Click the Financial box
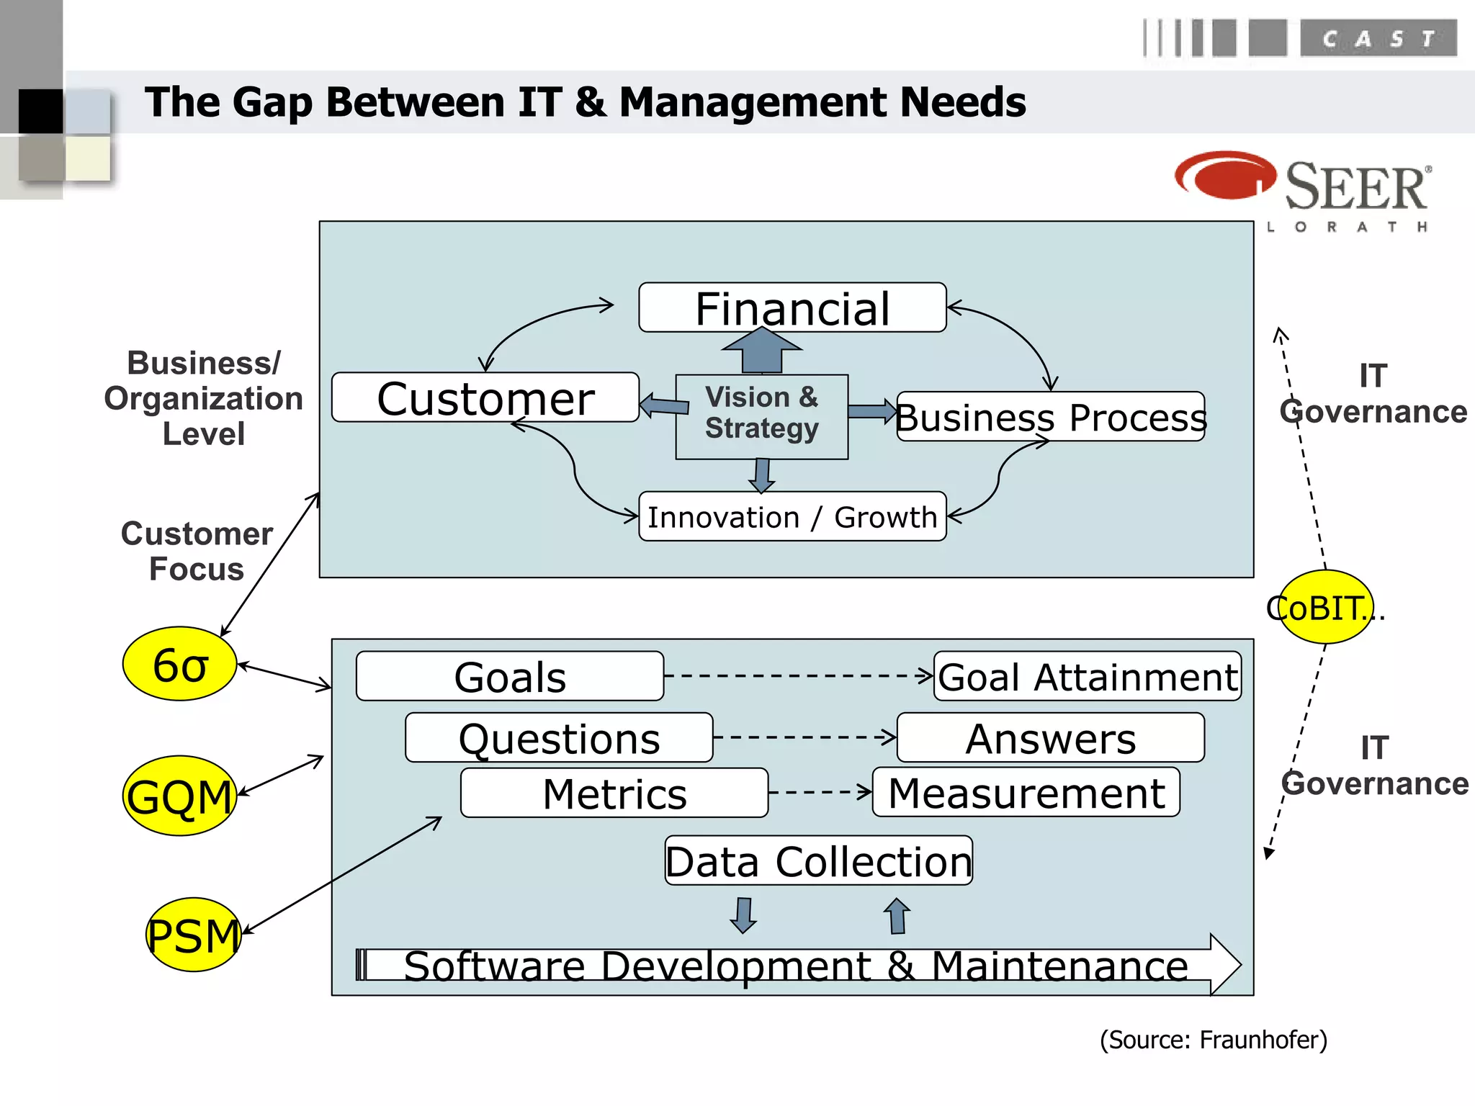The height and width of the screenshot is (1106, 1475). coord(792,307)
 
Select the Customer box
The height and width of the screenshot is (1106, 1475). coord(485,397)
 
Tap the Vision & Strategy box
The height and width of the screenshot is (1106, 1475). coord(761,416)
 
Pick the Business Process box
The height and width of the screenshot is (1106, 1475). coord(1050,417)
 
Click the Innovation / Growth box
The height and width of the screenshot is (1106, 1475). coord(792,516)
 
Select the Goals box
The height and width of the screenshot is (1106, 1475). coord(510,676)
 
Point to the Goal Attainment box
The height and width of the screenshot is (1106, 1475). coord(1087,676)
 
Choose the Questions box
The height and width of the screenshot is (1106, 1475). coord(559,737)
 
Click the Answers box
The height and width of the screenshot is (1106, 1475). coord(1050,737)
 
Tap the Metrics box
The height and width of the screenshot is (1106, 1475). coord(614,793)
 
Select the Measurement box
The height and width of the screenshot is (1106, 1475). coord(1026,792)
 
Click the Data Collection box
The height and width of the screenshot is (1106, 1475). coord(818,860)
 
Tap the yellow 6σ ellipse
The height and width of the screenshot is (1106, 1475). coord(180,663)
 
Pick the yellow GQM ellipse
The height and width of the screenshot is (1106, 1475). coord(180,796)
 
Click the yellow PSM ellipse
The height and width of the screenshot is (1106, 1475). coord(193,935)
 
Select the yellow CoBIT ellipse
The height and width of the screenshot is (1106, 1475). coord(1325,607)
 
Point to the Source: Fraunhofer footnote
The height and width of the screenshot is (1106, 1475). coord(1213,1040)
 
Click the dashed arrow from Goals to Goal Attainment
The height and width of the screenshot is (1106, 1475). coord(798,675)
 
